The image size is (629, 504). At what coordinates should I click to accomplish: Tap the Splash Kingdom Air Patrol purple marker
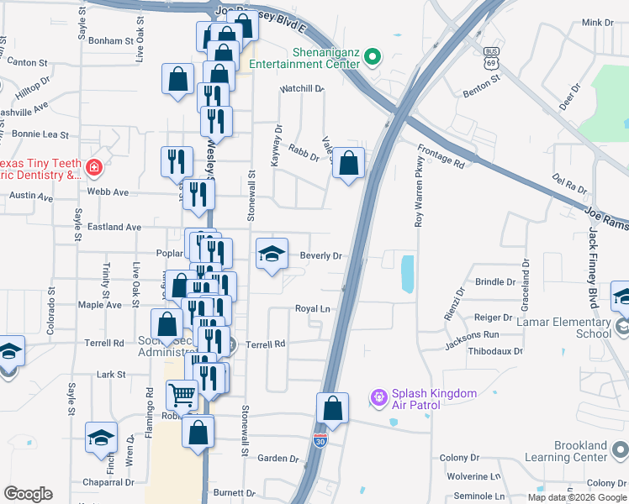pos(379,394)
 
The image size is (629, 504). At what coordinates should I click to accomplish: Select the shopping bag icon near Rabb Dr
pos(348,163)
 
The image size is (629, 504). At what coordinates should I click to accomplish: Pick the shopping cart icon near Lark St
pos(182,394)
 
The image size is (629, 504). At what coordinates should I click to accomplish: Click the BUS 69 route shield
pos(492,61)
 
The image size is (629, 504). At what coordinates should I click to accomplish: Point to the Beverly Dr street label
pos(321,256)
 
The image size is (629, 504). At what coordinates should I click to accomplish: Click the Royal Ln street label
pos(312,309)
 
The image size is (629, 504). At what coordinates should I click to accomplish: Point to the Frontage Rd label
pos(441,155)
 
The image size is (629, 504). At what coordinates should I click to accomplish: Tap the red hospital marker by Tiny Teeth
pos(92,167)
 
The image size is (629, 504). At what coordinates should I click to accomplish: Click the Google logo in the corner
pos(29,494)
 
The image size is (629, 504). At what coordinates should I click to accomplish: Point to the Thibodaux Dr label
pos(495,352)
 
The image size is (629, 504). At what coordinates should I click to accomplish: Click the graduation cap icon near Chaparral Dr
pos(101,437)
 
